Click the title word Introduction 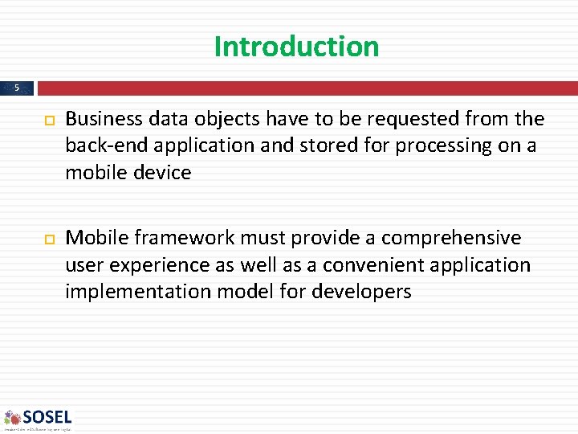point(296,47)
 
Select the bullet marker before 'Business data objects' point(45,120)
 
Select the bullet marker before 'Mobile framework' point(45,239)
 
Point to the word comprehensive point(450,238)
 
